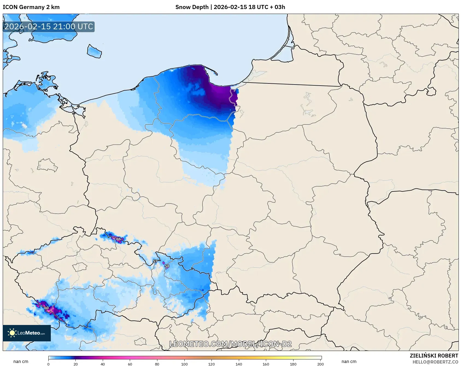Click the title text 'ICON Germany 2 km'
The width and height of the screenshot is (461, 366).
31,7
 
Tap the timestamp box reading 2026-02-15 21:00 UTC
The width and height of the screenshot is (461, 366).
49,27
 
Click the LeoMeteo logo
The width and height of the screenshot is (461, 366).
27,333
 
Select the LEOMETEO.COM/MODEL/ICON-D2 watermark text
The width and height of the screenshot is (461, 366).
230,344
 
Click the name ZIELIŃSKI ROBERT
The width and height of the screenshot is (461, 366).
434,356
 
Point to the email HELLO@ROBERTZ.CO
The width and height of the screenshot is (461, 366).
435,362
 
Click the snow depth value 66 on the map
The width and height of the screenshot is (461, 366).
118,239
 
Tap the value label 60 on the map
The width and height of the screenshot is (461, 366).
46,308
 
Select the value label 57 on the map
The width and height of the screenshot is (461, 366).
155,261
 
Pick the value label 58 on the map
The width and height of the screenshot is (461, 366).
167,266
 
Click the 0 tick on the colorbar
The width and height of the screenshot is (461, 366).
48,364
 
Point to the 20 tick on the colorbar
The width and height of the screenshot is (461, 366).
75,364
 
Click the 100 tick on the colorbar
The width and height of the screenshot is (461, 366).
184,364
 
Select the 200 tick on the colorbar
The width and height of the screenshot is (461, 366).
320,364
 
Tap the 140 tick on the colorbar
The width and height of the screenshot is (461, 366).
239,364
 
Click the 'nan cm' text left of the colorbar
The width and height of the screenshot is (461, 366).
21,361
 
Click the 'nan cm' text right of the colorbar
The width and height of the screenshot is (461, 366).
349,361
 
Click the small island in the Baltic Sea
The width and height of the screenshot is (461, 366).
94,51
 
